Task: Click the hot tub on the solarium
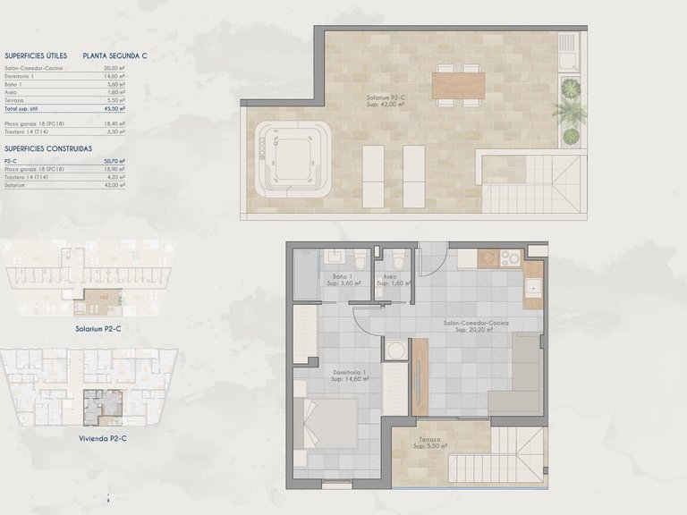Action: (x=293, y=159)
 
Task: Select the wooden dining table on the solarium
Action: (x=459, y=86)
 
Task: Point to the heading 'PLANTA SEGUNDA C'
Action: (x=115, y=55)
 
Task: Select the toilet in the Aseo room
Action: (x=398, y=261)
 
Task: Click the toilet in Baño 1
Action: (x=360, y=261)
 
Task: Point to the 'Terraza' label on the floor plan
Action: (x=429, y=440)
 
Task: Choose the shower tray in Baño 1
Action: (x=305, y=274)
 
